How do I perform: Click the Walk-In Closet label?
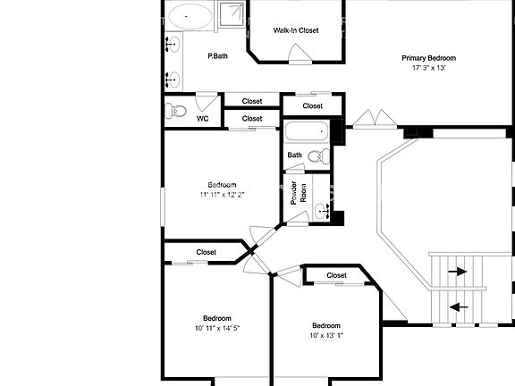(x=296, y=30)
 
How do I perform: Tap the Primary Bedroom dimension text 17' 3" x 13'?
(x=428, y=68)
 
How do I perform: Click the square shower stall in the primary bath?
(x=232, y=14)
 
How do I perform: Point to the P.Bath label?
(x=217, y=56)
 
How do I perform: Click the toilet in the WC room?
(x=176, y=111)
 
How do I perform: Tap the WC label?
(x=202, y=119)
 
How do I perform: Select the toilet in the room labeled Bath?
(x=319, y=155)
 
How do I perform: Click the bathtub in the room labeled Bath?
(x=307, y=131)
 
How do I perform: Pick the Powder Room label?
(x=299, y=193)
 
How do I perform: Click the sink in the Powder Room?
(x=322, y=211)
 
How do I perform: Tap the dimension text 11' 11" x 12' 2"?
(x=222, y=195)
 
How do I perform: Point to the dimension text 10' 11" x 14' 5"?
(x=217, y=328)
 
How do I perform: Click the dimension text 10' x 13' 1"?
(x=326, y=335)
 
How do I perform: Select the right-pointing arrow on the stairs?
(x=458, y=272)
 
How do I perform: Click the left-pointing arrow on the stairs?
(x=459, y=307)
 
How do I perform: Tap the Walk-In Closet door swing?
(x=300, y=54)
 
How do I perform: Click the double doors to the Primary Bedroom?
(x=375, y=118)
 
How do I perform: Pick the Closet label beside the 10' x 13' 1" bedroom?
(x=336, y=275)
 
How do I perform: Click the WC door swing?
(x=207, y=102)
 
